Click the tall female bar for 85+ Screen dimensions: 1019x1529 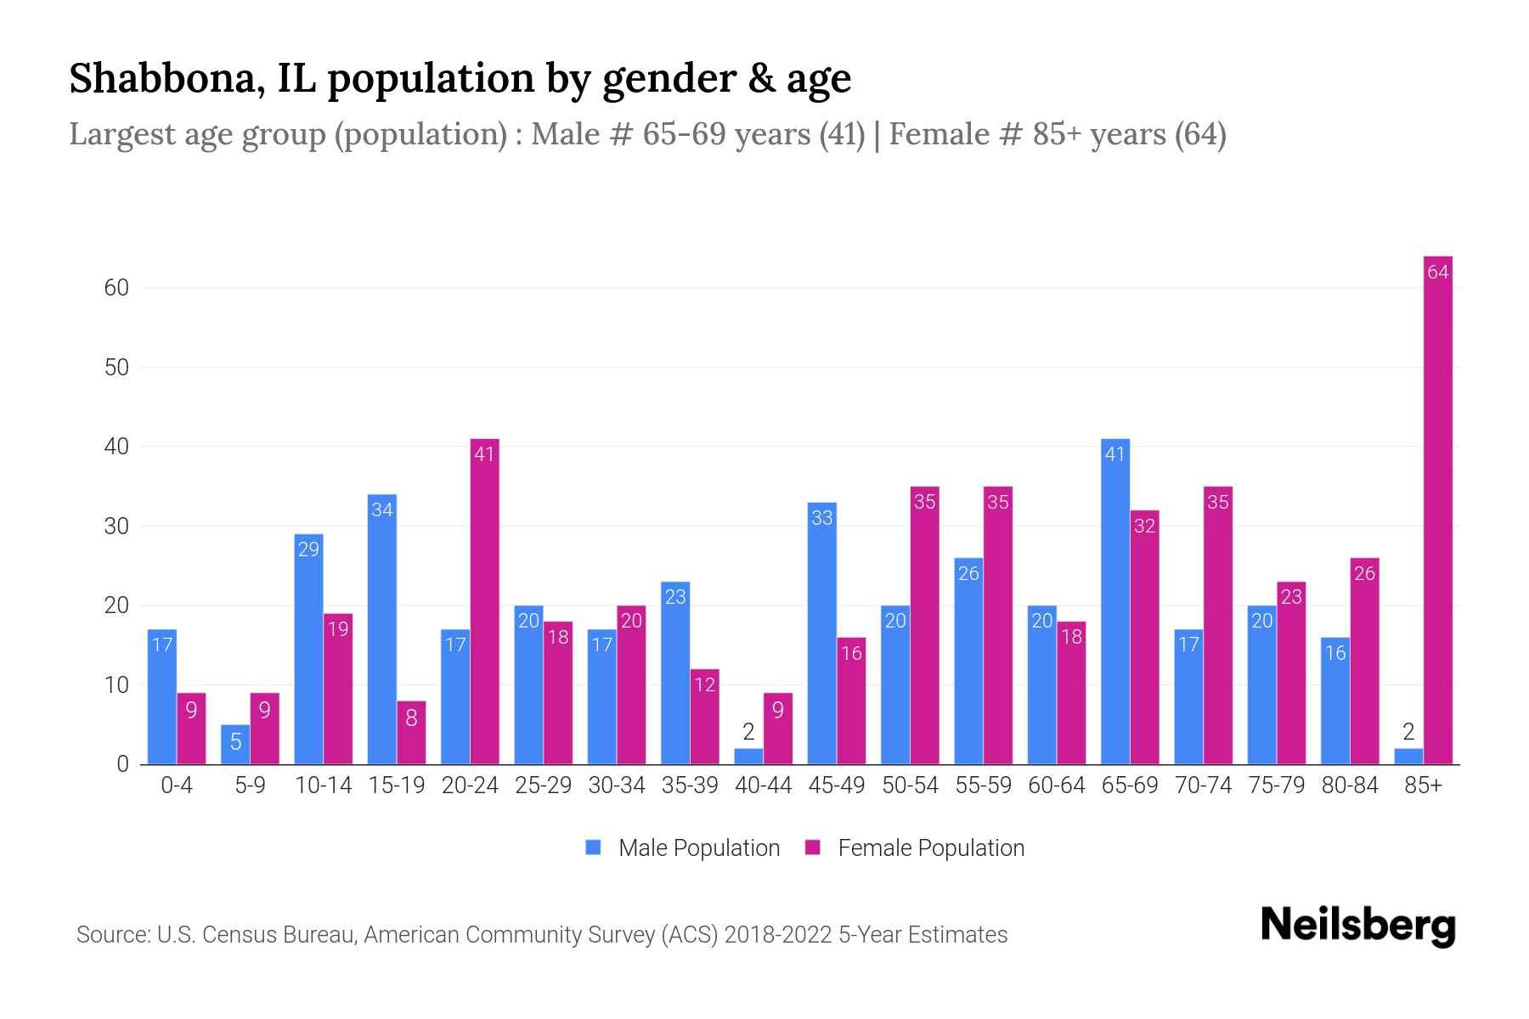[x=1437, y=509]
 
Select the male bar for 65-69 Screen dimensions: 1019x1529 [x=1114, y=603]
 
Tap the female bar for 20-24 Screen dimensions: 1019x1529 [x=484, y=603]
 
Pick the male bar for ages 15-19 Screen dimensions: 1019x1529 [x=381, y=628]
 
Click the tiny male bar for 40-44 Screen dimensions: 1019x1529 [x=748, y=757]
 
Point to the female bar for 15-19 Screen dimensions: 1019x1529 [x=411, y=732]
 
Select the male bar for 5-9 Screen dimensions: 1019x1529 [x=235, y=745]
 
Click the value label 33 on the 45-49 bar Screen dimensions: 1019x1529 [x=821, y=517]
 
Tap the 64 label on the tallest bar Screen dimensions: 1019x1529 [x=1437, y=272]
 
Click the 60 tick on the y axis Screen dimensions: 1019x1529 [x=116, y=288]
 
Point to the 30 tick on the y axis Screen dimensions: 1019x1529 [x=116, y=526]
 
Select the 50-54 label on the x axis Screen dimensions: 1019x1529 [x=909, y=785]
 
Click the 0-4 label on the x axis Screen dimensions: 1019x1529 [x=177, y=785]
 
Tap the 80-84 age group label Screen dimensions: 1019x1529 [x=1349, y=785]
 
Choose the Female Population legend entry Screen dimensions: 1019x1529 [x=915, y=847]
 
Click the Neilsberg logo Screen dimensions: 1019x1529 [x=1357, y=926]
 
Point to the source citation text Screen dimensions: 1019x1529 [x=541, y=935]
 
